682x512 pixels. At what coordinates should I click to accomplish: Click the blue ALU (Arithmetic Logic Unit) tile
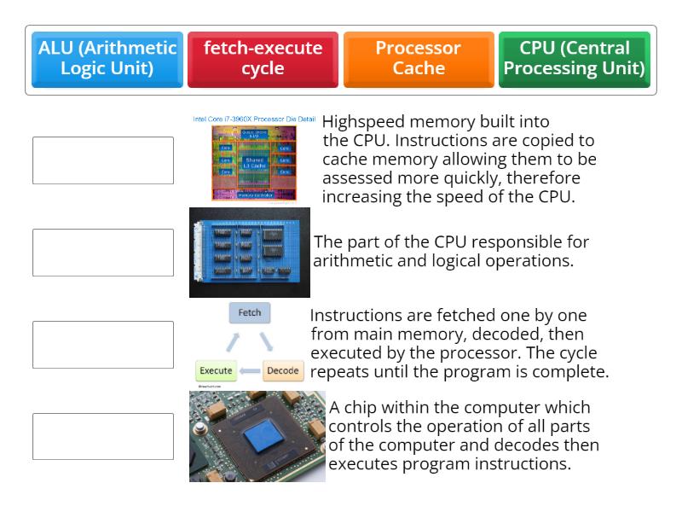[x=107, y=60]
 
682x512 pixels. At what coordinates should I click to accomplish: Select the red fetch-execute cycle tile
[x=263, y=60]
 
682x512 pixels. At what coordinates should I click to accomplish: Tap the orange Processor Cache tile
[x=419, y=60]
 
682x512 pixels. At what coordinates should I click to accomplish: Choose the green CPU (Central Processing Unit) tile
[x=574, y=60]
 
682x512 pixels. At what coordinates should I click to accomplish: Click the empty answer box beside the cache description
[x=103, y=160]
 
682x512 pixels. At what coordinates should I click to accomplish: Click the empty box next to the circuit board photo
[x=103, y=253]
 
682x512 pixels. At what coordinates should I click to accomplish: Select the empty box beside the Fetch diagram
[x=103, y=345]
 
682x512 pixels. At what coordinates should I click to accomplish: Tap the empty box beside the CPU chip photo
[x=103, y=437]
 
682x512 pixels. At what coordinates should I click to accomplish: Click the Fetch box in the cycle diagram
[x=250, y=313]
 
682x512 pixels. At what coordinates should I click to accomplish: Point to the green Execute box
[x=216, y=371]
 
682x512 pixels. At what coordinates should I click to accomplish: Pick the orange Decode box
[x=283, y=371]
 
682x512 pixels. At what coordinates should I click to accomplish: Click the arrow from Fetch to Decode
[x=267, y=342]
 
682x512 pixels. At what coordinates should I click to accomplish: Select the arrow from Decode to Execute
[x=249, y=371]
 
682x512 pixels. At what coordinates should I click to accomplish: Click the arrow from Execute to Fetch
[x=232, y=342]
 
